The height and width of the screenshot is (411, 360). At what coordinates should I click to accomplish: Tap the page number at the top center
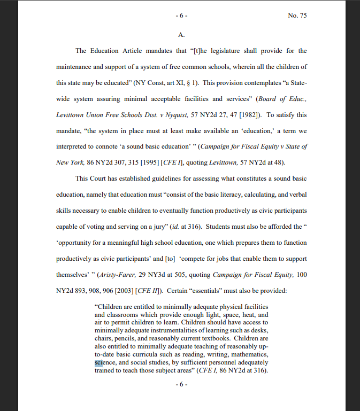point(181,15)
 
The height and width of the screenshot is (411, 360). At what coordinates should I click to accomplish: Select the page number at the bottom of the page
point(181,385)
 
